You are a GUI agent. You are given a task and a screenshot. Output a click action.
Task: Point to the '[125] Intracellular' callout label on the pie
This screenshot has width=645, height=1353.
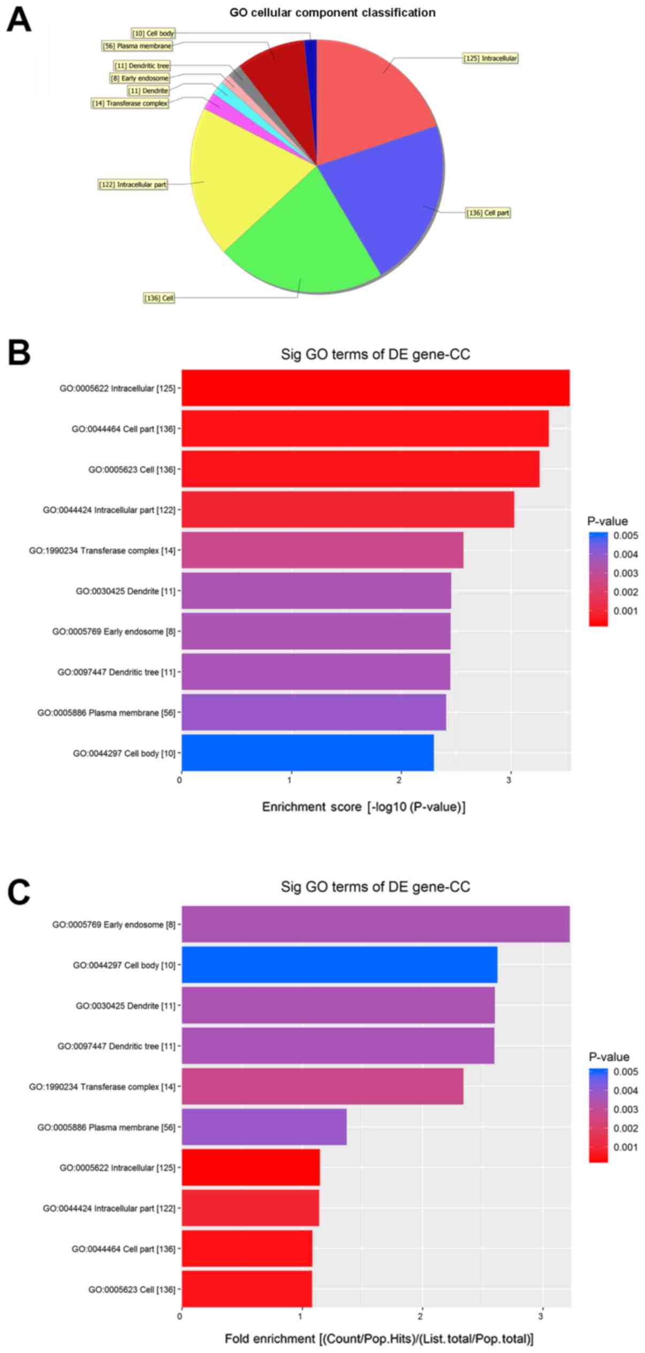tap(490, 58)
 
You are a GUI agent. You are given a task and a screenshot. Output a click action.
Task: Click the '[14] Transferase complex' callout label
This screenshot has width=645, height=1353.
tap(130, 103)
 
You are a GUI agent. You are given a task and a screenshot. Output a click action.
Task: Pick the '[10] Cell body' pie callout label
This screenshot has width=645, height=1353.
tap(153, 33)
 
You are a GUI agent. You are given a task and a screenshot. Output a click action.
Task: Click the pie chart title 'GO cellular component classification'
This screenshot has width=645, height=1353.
tap(332, 13)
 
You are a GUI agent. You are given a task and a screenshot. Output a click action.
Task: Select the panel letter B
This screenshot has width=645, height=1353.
tap(19, 353)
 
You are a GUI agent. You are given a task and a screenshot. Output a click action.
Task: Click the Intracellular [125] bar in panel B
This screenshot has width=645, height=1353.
tap(375, 388)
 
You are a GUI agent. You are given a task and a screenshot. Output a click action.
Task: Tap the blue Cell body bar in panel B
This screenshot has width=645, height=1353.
tap(308, 753)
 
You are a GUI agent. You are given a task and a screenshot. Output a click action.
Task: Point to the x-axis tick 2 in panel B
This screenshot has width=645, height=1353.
tap(399, 780)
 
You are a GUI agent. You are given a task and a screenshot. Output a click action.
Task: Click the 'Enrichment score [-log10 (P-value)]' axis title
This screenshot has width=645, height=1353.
tap(363, 807)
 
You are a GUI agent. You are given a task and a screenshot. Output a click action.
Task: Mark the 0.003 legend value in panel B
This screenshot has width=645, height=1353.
tap(625, 573)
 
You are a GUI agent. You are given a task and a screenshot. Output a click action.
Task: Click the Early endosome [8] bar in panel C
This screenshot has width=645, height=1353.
tap(375, 924)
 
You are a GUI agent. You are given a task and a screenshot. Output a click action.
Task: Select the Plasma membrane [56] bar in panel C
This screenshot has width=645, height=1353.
tap(264, 1127)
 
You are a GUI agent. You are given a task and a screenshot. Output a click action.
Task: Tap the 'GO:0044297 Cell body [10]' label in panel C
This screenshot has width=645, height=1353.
tap(124, 965)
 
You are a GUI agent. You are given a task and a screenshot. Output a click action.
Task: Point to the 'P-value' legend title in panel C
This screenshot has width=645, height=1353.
tap(609, 1057)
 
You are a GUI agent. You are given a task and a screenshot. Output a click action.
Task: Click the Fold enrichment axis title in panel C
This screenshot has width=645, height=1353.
tap(379, 1339)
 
